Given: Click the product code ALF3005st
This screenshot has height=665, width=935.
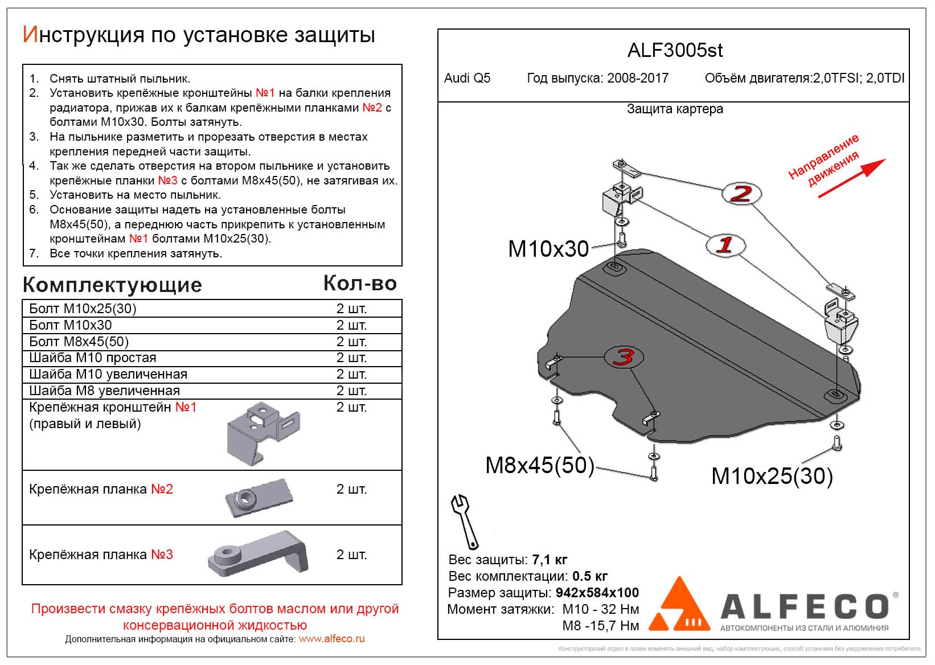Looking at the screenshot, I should click(x=675, y=51).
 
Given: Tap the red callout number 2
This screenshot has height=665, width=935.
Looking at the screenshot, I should click(x=741, y=194).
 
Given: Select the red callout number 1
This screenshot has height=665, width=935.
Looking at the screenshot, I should click(x=724, y=245).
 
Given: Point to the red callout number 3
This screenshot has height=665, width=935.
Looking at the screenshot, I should click(x=624, y=357).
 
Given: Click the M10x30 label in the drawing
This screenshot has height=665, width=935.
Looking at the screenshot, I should click(x=548, y=249).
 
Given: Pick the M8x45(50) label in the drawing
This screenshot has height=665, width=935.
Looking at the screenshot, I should click(x=539, y=465).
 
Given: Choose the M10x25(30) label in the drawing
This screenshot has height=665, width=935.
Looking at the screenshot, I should click(x=772, y=476).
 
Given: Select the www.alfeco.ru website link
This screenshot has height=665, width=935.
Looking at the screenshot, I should click(x=331, y=639).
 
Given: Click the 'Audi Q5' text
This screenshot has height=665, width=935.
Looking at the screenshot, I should click(x=467, y=79).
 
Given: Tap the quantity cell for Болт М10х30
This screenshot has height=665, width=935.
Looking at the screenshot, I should click(x=351, y=325).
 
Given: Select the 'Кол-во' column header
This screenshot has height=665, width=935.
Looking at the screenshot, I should click(x=360, y=284).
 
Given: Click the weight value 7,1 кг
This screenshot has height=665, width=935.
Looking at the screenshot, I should click(x=549, y=560).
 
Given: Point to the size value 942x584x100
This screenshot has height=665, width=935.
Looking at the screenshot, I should click(x=597, y=593).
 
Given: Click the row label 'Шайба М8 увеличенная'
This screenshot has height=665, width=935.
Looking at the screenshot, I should click(x=104, y=391).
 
